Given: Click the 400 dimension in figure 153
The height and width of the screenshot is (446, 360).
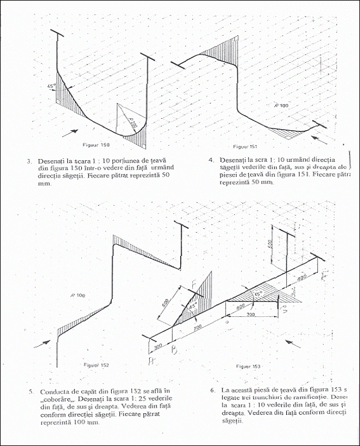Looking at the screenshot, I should coord(301,279).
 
